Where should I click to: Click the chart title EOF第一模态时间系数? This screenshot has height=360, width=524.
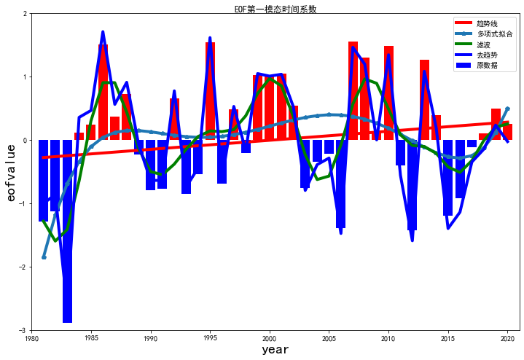275,9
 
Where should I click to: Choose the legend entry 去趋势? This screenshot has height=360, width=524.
488,55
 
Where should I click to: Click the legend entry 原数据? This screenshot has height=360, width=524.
488,66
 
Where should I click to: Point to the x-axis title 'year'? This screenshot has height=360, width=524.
275,350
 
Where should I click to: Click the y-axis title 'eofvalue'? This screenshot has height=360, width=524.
11,172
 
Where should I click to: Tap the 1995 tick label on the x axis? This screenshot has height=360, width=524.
210,339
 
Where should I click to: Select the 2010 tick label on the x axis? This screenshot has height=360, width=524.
388,339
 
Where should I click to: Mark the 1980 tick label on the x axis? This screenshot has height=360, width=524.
31,339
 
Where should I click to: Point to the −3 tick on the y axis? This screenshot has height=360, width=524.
24,330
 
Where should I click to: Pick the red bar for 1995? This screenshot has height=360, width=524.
210,91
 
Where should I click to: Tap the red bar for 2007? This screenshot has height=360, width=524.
353,91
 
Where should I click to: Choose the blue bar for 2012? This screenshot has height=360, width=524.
412,185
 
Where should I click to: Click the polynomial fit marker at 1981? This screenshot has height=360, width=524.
44,257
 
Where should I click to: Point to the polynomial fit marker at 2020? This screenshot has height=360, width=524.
507,109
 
